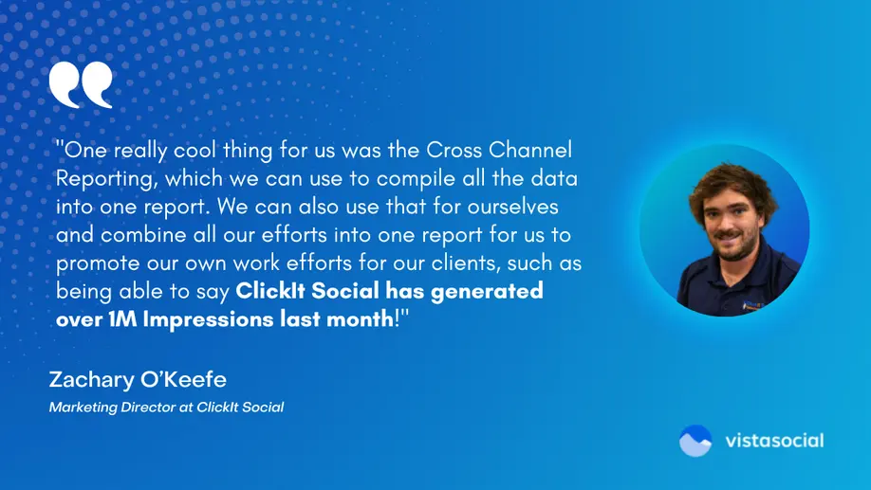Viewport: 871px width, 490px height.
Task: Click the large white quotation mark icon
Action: click(x=81, y=84)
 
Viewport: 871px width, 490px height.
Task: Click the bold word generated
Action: click(x=487, y=291)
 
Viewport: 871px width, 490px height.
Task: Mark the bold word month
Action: click(x=357, y=319)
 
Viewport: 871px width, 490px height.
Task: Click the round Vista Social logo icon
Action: click(x=695, y=441)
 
